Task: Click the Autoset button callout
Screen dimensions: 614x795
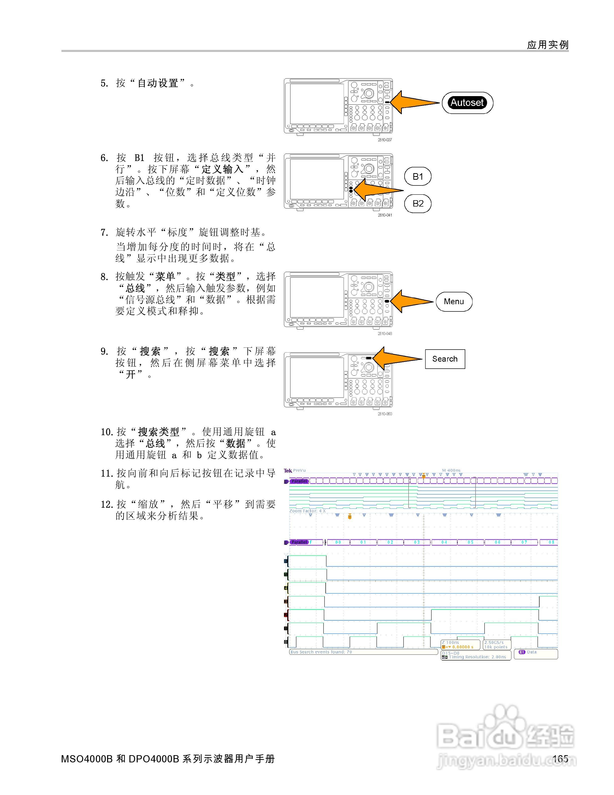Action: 467,103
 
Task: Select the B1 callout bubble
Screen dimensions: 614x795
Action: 418,177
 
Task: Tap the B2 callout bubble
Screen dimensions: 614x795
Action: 418,204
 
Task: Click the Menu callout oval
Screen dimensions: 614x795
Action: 453,301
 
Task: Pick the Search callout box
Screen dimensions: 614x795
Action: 445,359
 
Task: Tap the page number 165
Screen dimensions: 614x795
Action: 560,759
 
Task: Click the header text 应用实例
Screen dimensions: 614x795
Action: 548,45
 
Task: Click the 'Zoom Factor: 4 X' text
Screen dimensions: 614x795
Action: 307,511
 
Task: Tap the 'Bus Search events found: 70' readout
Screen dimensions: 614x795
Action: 321,652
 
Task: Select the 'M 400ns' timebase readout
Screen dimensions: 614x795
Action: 451,470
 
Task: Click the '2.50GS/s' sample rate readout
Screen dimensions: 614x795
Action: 494,642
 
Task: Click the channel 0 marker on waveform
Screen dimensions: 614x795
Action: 286,642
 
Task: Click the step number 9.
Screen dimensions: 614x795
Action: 104,351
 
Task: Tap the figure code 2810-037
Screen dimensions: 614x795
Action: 385,140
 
